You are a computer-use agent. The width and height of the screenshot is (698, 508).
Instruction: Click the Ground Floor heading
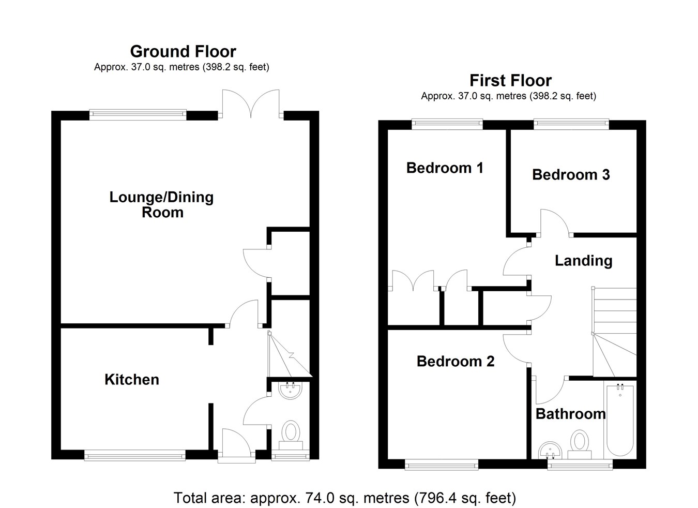click(183, 52)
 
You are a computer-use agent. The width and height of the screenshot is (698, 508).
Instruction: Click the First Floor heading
click(510, 81)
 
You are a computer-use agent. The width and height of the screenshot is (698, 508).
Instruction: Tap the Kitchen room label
click(131, 379)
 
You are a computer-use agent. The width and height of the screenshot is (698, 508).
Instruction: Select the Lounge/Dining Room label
click(161, 204)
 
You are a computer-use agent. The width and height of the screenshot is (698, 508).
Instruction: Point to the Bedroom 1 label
click(445, 168)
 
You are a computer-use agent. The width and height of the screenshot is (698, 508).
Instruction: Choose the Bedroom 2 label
click(456, 361)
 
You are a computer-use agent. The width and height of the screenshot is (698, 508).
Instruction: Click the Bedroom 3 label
click(571, 175)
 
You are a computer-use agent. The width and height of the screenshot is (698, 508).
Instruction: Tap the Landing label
click(583, 260)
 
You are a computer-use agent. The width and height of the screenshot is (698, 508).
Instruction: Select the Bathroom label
click(570, 414)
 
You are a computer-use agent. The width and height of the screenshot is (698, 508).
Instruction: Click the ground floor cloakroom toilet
click(291, 435)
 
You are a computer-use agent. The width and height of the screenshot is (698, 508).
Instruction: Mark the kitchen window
click(134, 455)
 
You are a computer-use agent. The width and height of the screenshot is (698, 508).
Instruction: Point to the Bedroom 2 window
click(442, 465)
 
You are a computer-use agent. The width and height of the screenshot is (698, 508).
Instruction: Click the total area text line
click(345, 498)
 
